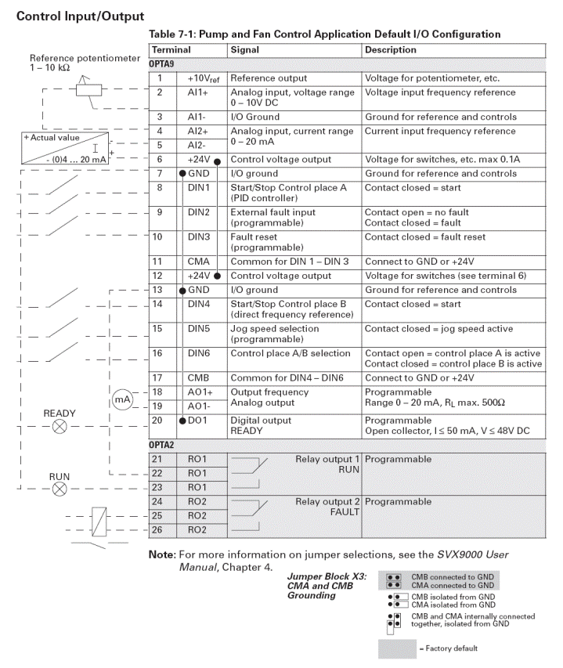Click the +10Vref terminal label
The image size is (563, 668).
click(x=204, y=79)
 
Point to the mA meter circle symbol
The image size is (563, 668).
click(x=122, y=399)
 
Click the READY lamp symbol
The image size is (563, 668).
click(x=60, y=428)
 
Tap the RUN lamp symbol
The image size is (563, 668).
click(x=60, y=489)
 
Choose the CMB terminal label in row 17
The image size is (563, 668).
click(x=198, y=377)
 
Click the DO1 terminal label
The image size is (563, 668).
click(x=201, y=421)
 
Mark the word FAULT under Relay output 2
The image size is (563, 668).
click(x=344, y=512)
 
